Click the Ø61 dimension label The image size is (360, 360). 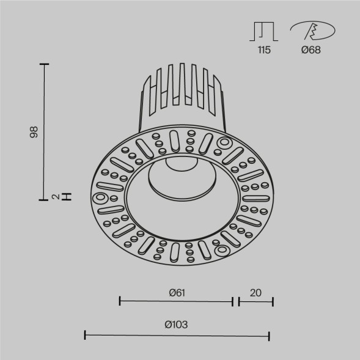[x=176, y=292]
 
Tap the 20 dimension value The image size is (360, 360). [x=255, y=292]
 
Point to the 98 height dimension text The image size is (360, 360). [x=34, y=131]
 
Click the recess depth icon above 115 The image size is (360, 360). [x=263, y=31]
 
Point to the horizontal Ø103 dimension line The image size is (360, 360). [x=177, y=335]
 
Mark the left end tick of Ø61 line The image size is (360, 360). [x=120, y=301]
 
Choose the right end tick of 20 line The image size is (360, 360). [x=273, y=301]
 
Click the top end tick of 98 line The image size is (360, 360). [x=45, y=64]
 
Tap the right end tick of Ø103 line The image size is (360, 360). [x=269, y=335]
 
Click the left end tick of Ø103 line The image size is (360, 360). [x=85, y=335]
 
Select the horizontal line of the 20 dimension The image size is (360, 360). [x=255, y=301]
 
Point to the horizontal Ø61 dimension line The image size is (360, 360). [x=176, y=301]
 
